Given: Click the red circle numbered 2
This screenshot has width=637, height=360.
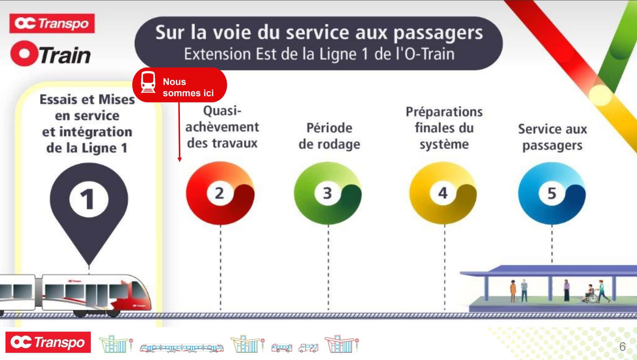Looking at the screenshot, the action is click(x=220, y=193).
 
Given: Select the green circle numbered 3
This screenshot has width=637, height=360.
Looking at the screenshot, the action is click(x=328, y=193).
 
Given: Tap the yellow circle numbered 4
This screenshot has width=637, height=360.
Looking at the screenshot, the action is click(x=443, y=193).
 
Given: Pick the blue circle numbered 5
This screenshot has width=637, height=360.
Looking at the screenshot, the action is click(x=552, y=193).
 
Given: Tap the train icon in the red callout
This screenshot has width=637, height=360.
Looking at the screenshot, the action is click(x=148, y=82).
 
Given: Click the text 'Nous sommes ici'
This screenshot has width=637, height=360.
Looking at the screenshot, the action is click(x=188, y=87).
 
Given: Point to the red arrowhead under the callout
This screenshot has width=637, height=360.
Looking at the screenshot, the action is click(x=180, y=159).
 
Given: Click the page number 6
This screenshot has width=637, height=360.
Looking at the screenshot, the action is click(x=622, y=347).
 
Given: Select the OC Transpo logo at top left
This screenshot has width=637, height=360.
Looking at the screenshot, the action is click(x=52, y=24).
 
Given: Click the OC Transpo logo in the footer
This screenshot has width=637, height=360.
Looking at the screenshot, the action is click(x=48, y=342).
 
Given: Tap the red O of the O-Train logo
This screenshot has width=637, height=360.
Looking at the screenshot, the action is click(x=24, y=54).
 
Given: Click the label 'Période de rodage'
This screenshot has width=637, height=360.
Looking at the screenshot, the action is click(x=329, y=136).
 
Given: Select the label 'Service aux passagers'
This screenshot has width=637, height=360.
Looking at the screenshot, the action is click(x=552, y=137).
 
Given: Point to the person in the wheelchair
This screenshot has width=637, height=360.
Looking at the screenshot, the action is click(x=590, y=294).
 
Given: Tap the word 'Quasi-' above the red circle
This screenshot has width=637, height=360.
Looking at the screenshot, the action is click(x=222, y=111).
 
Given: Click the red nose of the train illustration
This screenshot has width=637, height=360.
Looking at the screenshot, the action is click(x=137, y=297).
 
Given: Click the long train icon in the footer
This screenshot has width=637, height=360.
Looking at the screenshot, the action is click(x=182, y=348).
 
